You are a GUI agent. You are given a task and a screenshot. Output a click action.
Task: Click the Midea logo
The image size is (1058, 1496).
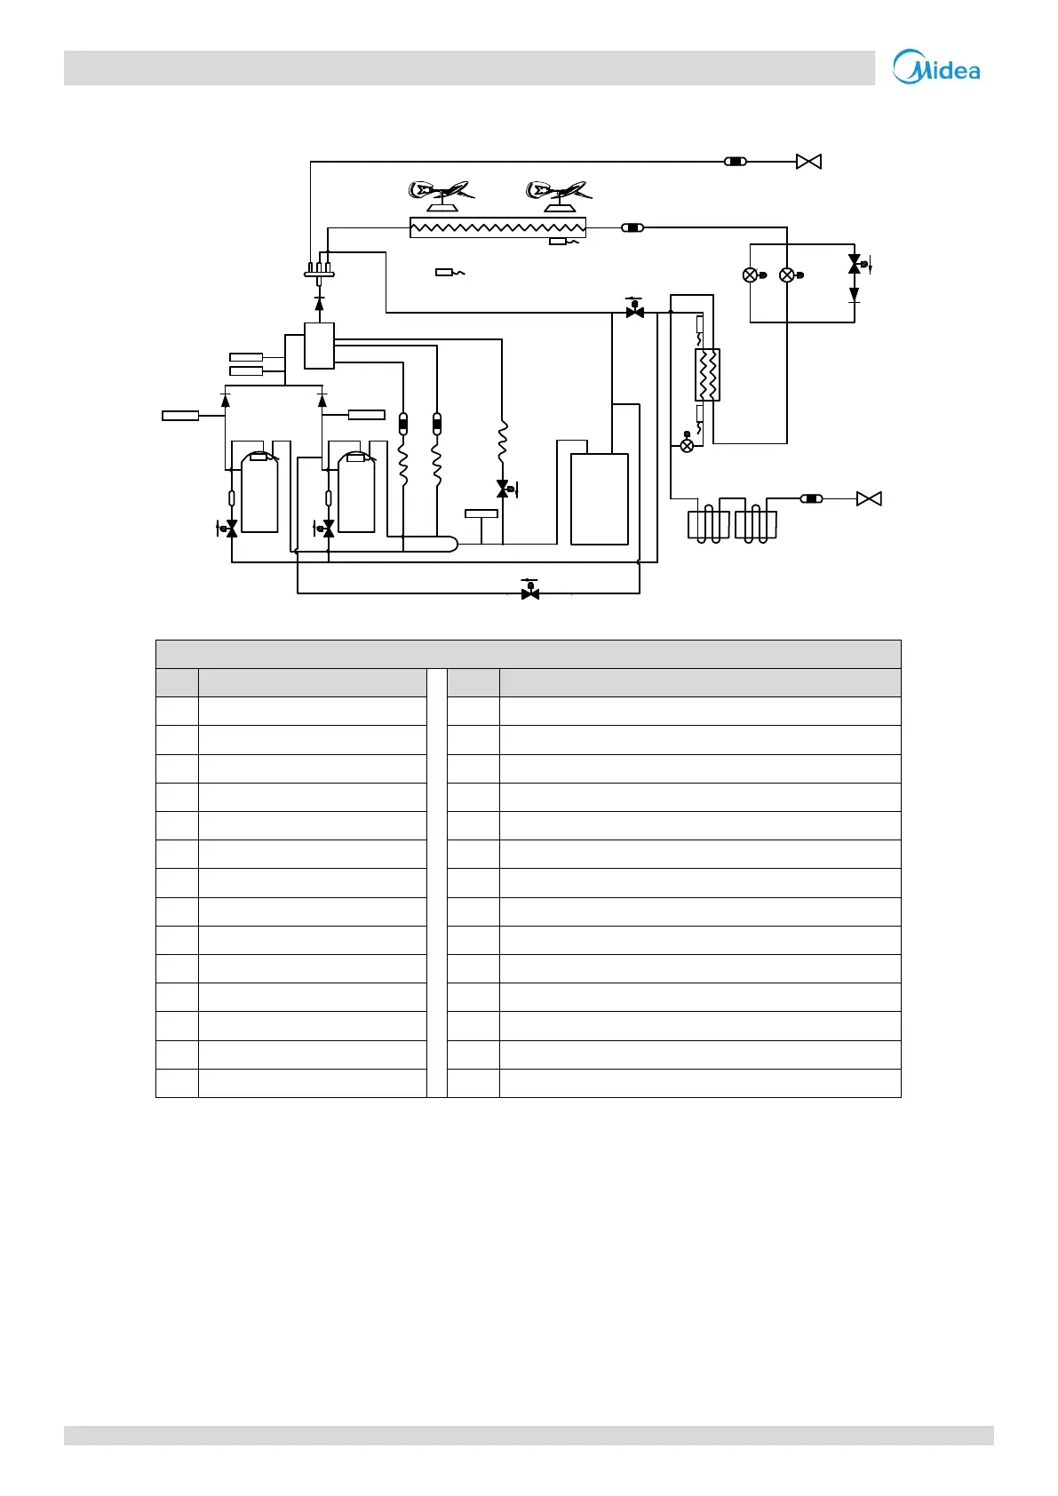(x=936, y=67)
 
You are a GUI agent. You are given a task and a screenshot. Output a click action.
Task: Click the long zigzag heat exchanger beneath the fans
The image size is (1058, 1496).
(x=497, y=227)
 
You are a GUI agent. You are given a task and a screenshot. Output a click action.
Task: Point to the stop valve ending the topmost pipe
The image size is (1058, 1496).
(x=808, y=162)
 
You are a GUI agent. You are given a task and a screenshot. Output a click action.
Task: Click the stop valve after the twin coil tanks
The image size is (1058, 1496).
(x=869, y=499)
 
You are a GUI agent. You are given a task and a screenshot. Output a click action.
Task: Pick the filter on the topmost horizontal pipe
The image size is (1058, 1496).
(x=735, y=162)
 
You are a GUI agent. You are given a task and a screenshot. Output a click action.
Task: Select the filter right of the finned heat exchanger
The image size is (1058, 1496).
(x=632, y=227)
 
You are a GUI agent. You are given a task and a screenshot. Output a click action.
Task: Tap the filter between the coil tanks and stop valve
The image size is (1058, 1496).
(x=811, y=499)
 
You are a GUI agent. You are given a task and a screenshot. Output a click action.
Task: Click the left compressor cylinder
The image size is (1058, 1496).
(x=259, y=493)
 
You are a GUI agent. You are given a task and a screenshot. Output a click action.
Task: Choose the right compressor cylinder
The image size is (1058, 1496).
(x=356, y=493)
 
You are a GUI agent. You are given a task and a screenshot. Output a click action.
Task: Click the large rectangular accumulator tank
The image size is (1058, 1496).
(x=600, y=498)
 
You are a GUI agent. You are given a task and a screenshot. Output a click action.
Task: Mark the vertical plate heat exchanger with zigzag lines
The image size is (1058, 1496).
(x=707, y=375)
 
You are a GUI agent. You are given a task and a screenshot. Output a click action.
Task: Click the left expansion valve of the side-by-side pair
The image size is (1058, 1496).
(x=751, y=275)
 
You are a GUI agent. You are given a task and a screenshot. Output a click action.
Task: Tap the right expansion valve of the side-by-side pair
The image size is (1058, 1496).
(x=787, y=275)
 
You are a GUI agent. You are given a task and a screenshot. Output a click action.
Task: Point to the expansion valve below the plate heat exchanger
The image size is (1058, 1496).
(x=687, y=445)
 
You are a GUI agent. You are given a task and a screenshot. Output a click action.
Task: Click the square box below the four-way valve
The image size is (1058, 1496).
(x=319, y=346)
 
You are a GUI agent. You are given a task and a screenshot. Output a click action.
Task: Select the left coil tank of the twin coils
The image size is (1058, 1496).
(x=709, y=525)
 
